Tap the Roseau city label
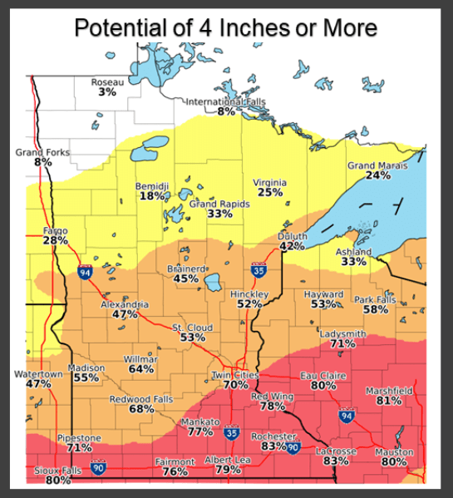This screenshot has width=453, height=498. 107,81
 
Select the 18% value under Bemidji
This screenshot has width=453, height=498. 151,195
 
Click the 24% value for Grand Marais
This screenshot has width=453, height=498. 378,175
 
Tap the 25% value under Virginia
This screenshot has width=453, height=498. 270,192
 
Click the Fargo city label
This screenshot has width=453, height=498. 55,229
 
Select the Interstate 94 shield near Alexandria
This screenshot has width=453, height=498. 85,272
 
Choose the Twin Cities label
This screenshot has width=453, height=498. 235,375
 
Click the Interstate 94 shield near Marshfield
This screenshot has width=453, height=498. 347,414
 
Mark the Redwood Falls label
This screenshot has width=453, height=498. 141,399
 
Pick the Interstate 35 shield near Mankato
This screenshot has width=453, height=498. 232,434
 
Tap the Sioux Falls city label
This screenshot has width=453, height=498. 57,471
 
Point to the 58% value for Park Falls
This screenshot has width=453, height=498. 375,309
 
